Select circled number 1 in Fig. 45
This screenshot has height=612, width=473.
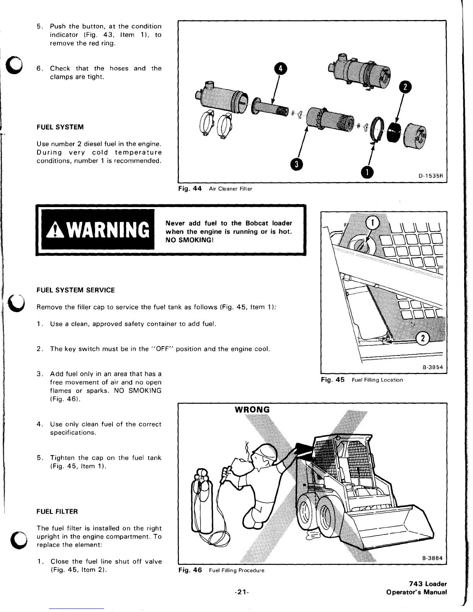tap(372, 222)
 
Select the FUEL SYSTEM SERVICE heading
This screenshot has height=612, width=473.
tap(75, 290)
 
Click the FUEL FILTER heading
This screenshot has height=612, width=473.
tap(57, 512)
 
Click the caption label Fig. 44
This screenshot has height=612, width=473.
tap(190, 189)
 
